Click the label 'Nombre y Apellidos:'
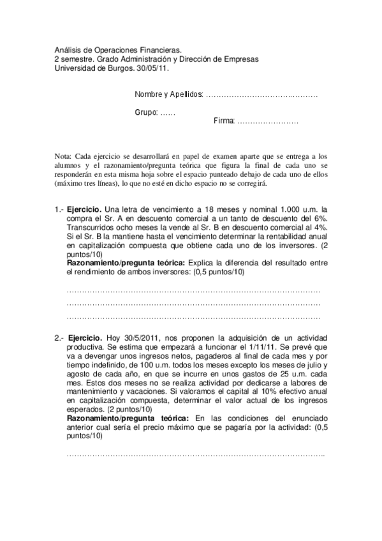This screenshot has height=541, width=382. [169, 94]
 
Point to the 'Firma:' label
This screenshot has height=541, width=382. [224, 121]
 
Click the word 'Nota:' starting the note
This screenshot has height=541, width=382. [63, 155]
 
